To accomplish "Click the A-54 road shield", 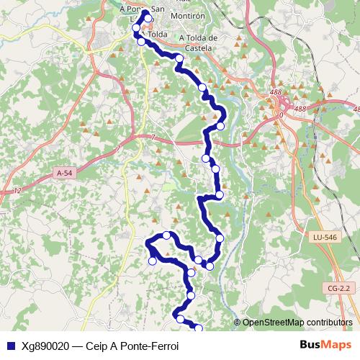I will click(65, 174).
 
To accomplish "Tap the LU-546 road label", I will click(325, 236).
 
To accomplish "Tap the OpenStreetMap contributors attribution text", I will click(297, 322).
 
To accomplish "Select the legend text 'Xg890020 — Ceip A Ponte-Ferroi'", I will click(100, 346).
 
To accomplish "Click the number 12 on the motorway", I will click(16, 189).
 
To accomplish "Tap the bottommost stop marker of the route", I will click(199, 328).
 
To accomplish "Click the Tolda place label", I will click(158, 34).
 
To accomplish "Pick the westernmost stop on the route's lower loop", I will click(152, 261).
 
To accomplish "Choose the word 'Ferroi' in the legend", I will click(162, 346).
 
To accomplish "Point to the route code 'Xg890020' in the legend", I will click(45, 346).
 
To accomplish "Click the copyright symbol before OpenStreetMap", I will click(238, 323).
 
